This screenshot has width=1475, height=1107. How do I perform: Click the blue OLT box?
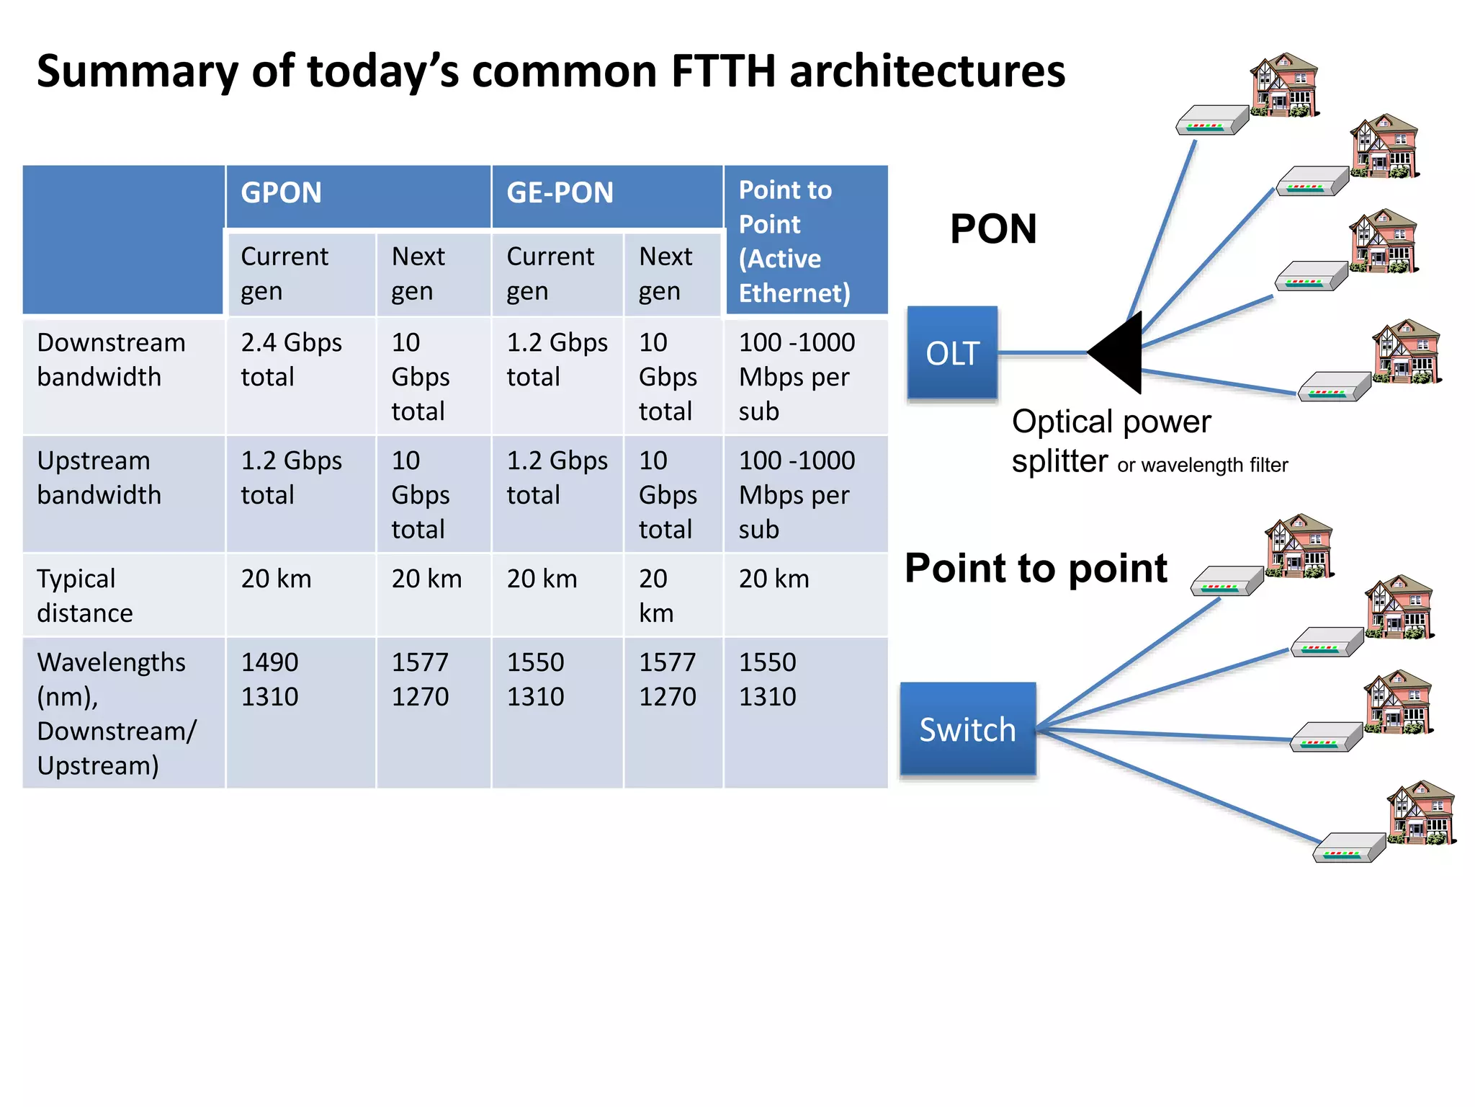click(952, 352)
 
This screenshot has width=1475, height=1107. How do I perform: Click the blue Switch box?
click(967, 729)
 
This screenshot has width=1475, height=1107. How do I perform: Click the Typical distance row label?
click(85, 595)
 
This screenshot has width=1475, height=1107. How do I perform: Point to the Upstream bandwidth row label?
click(99, 478)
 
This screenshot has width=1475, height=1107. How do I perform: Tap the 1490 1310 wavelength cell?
click(270, 679)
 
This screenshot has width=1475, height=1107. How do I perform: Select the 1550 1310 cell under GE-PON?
click(536, 679)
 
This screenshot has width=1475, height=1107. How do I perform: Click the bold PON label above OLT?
click(993, 229)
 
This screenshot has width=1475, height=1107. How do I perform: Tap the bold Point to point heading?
click(1035, 568)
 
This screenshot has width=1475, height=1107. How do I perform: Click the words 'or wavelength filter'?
click(1202, 466)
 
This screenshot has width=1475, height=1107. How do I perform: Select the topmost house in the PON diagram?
click(1284, 84)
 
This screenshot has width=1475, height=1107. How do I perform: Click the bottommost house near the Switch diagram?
click(1420, 812)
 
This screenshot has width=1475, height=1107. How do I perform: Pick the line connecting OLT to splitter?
click(1041, 353)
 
